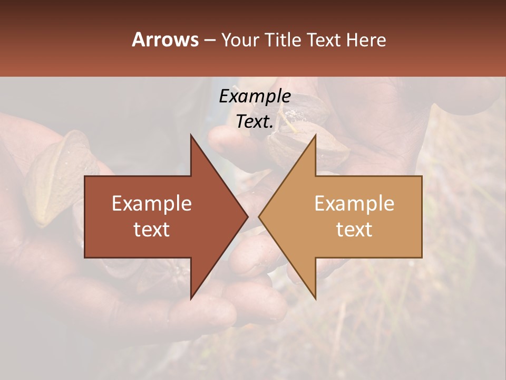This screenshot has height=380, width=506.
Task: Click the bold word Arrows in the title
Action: [x=165, y=40]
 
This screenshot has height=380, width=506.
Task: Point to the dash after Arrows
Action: [x=209, y=40]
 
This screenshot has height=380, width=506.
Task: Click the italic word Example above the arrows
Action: [x=255, y=97]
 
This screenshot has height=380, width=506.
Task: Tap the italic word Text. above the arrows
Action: [x=255, y=122]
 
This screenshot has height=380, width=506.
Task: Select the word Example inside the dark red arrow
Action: [x=152, y=204]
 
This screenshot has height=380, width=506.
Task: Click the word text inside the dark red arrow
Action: [x=152, y=230]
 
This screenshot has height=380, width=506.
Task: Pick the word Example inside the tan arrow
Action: [x=354, y=204]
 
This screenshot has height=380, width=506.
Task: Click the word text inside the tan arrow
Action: [x=354, y=230]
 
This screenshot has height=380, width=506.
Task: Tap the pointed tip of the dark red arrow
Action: [x=247, y=216]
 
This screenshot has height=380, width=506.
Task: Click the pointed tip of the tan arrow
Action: [x=259, y=216]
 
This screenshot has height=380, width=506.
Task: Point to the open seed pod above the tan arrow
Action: [x=306, y=148]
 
